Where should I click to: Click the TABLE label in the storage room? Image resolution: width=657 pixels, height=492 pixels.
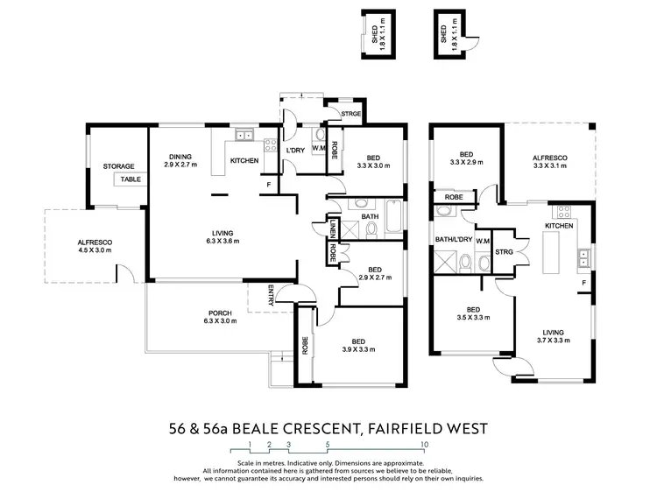pyautogui.click(x=131, y=179)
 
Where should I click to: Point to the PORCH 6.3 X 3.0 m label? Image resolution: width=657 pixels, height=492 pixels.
pyautogui.click(x=220, y=316)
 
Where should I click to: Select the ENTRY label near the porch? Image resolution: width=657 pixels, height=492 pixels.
pyautogui.click(x=272, y=294)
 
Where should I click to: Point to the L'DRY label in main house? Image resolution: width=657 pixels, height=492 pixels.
pyautogui.click(x=295, y=151)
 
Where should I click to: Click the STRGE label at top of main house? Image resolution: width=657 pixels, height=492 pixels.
pyautogui.click(x=351, y=114)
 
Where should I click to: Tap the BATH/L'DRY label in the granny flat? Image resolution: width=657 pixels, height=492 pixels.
pyautogui.click(x=454, y=239)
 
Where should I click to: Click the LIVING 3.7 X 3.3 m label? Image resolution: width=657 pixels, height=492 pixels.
pyautogui.click(x=554, y=337)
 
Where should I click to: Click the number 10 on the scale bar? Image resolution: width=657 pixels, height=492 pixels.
pyautogui.click(x=424, y=445)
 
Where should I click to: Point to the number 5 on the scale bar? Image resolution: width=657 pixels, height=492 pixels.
pyautogui.click(x=327, y=445)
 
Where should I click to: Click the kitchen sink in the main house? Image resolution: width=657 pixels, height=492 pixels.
pyautogui.click(x=245, y=135)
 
